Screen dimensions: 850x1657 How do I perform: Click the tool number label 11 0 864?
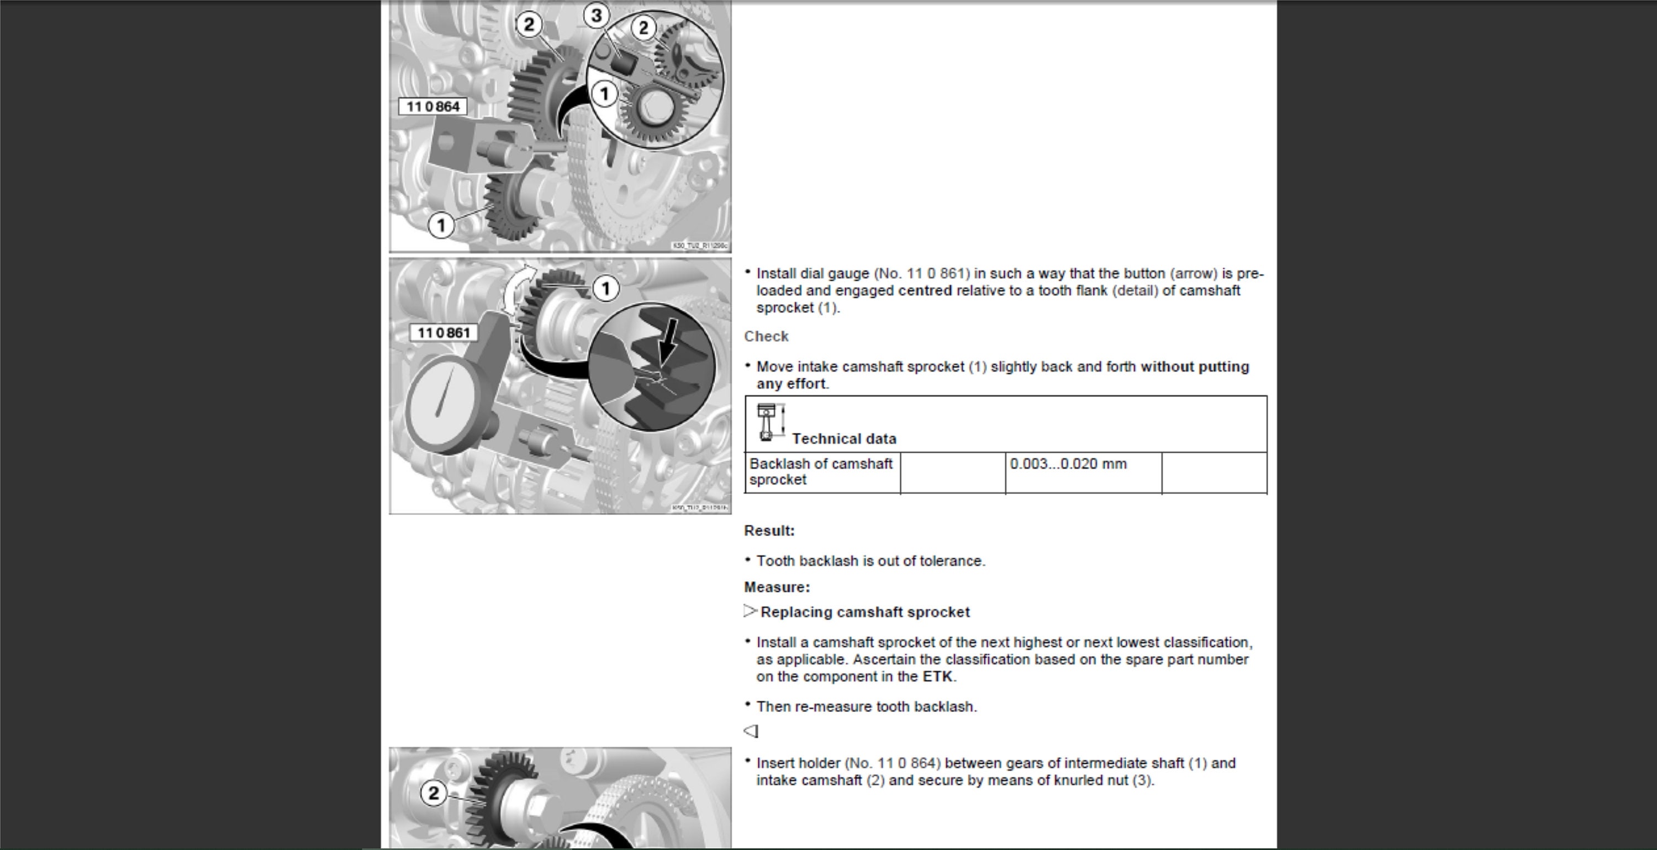(432, 107)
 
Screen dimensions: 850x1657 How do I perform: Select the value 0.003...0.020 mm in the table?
(1068, 464)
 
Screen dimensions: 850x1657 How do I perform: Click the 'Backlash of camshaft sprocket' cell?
(821, 472)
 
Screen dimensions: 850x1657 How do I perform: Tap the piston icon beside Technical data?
(767, 422)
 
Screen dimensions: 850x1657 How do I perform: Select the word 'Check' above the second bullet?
(766, 336)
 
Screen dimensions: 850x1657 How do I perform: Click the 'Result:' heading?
(769, 531)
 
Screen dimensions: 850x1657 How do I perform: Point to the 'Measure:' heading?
(777, 588)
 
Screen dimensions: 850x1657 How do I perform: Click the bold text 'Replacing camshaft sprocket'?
(864, 612)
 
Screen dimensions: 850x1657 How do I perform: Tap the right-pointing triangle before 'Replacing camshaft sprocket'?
(750, 611)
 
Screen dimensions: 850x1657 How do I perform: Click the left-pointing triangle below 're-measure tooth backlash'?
(751, 731)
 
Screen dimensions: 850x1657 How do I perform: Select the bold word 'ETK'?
(937, 676)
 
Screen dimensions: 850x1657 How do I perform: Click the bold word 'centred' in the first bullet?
(925, 291)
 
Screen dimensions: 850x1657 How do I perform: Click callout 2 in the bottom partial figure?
(434, 793)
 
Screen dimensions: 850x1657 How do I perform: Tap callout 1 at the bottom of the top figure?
(441, 226)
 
